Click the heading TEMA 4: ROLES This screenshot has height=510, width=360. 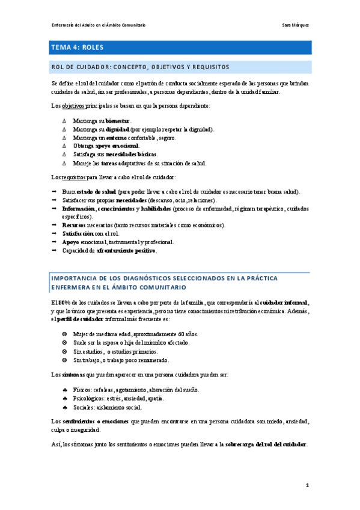point(78,46)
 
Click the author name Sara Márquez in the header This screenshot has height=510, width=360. point(296,25)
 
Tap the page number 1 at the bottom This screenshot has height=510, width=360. point(307,485)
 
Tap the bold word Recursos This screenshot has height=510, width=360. point(74,225)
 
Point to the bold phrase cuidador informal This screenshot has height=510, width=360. point(284,302)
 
